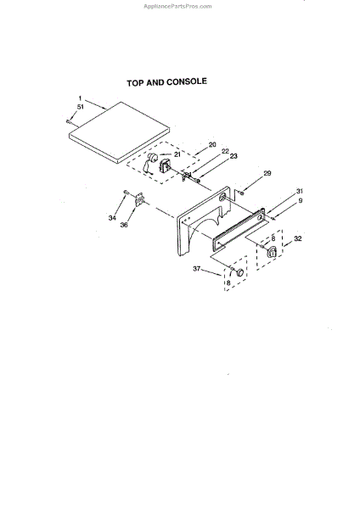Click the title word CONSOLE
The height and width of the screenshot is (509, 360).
coord(187,81)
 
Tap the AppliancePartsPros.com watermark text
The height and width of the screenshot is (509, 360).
coord(177,6)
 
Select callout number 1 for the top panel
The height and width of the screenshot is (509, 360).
coord(81,98)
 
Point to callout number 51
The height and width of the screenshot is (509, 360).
coord(81,107)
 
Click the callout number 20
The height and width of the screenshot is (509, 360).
coord(212,144)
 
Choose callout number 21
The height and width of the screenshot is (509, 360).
coord(177,154)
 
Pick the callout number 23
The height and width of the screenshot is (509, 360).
coord(233,156)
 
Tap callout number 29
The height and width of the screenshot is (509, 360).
coord(267,173)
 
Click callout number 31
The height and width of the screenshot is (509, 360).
coord(299,191)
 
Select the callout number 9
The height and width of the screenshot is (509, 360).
coord(301,200)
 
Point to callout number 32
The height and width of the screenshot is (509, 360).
coord(298,238)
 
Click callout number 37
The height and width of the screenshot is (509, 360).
coord(197,269)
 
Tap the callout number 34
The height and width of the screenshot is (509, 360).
coord(112,218)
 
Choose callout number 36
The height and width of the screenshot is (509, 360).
coord(124,225)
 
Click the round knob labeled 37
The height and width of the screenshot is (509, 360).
coord(239,272)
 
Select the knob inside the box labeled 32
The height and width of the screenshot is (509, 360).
coord(272,252)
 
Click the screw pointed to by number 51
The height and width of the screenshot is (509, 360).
coord(68,121)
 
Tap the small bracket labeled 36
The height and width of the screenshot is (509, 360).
coord(139,199)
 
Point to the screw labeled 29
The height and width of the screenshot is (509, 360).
coord(241,193)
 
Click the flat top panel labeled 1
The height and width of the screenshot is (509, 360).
coord(119,132)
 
